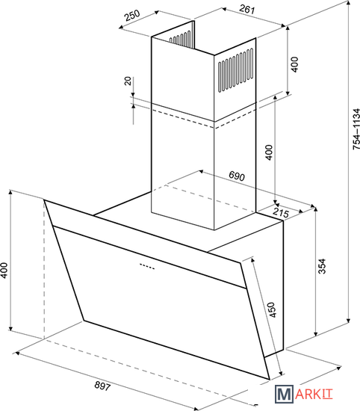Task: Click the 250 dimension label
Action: coord(133,16)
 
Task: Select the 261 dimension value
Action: coord(246,9)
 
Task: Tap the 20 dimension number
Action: coord(127,81)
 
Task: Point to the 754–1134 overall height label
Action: coord(356,129)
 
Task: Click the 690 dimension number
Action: coord(237,176)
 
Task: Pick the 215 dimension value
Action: coord(281,212)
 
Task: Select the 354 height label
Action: coord(322,266)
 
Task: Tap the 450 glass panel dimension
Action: coord(271,310)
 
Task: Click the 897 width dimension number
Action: coord(102,386)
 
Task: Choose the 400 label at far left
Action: coord(4,271)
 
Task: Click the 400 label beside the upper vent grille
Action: coord(294,64)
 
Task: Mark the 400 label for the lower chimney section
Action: coord(269,152)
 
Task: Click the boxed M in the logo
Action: coord(285,394)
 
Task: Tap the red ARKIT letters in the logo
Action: coord(314,395)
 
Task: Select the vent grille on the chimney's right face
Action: coord(236,70)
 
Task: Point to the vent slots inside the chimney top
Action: coord(180,37)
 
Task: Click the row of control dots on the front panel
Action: coord(147,266)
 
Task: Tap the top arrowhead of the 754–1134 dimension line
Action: coord(349,3)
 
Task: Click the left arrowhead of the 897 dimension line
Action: coord(16,353)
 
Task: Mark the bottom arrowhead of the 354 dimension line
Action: coord(316,334)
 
